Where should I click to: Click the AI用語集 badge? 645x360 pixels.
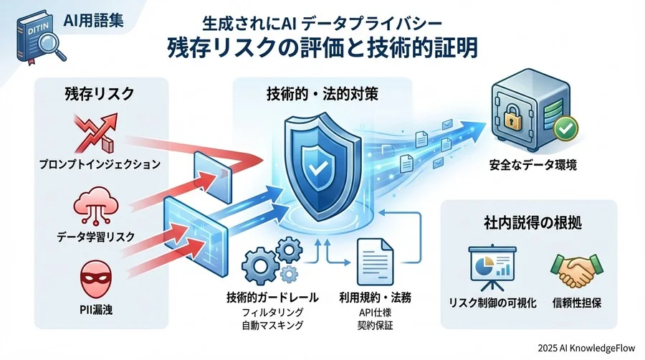pyautogui.click(x=92, y=20)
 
